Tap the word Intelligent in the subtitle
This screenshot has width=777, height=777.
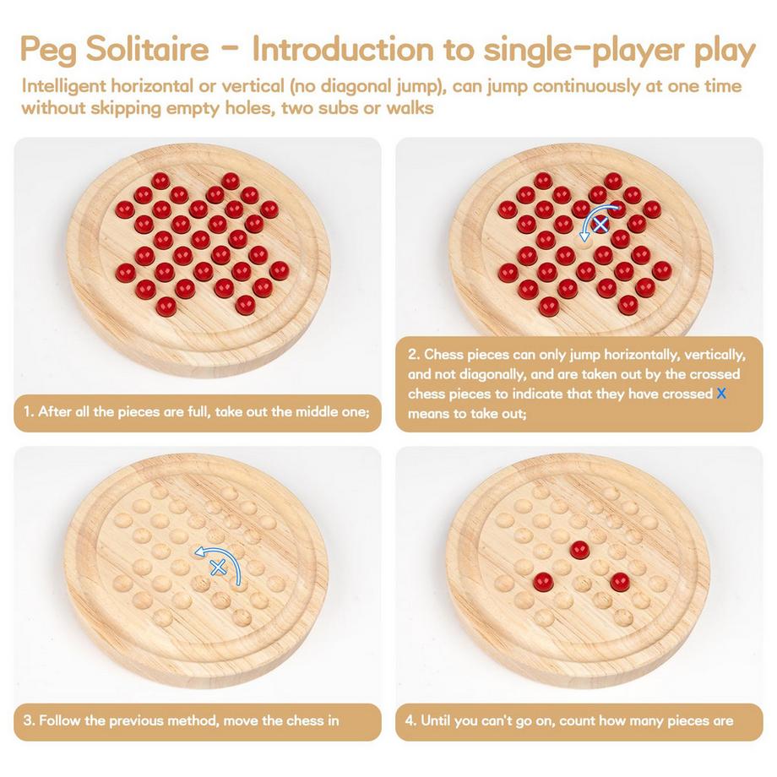point(69,86)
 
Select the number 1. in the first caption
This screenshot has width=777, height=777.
point(28,412)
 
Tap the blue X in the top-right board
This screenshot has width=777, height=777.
point(600,225)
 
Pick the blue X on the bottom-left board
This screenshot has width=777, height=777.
point(217,568)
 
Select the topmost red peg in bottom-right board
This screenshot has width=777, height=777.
point(579,549)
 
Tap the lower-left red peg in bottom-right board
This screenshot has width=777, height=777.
point(542,581)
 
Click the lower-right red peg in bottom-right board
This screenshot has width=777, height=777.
point(621,581)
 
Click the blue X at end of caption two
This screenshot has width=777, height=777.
point(720,394)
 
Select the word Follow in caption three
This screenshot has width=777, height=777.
point(61,720)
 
